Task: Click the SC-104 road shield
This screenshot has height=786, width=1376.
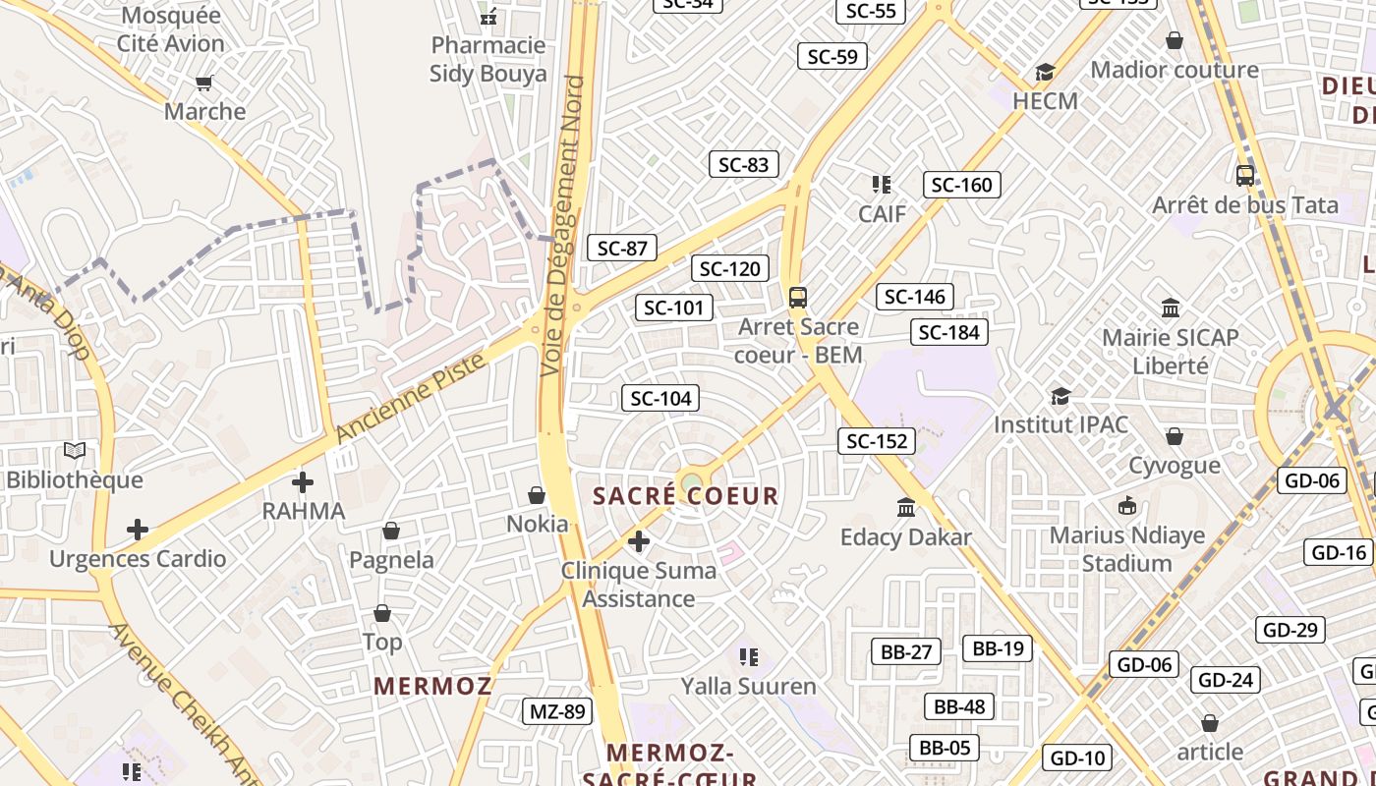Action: pos(660,398)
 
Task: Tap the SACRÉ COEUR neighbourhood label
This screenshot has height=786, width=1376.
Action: pos(686,496)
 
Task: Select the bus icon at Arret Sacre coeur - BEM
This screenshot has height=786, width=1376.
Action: pos(798,297)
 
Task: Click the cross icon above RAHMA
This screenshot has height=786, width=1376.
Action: pos(303,482)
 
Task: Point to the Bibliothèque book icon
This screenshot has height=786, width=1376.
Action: pos(75,451)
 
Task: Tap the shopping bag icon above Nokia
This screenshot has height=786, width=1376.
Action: pos(537,495)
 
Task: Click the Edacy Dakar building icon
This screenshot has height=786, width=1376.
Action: pos(906,508)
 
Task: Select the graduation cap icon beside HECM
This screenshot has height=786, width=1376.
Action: pos(1045,73)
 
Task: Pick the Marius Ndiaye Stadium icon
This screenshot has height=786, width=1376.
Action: pos(1127,506)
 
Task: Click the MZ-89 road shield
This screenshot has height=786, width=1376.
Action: pos(557,711)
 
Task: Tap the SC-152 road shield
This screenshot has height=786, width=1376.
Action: pos(877,441)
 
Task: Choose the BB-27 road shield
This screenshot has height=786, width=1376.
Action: pos(905,651)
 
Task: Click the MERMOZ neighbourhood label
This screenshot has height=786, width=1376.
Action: pos(432,686)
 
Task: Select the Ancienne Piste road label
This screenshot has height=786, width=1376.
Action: pos(411,397)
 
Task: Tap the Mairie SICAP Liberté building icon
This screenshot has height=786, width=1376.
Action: pos(1171,309)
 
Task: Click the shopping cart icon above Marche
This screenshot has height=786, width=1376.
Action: pos(204,83)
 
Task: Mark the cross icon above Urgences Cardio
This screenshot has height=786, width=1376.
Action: pos(138,531)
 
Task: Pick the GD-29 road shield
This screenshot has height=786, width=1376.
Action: pos(1290,630)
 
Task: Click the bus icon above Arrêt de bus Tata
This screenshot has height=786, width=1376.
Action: pos(1245,176)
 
